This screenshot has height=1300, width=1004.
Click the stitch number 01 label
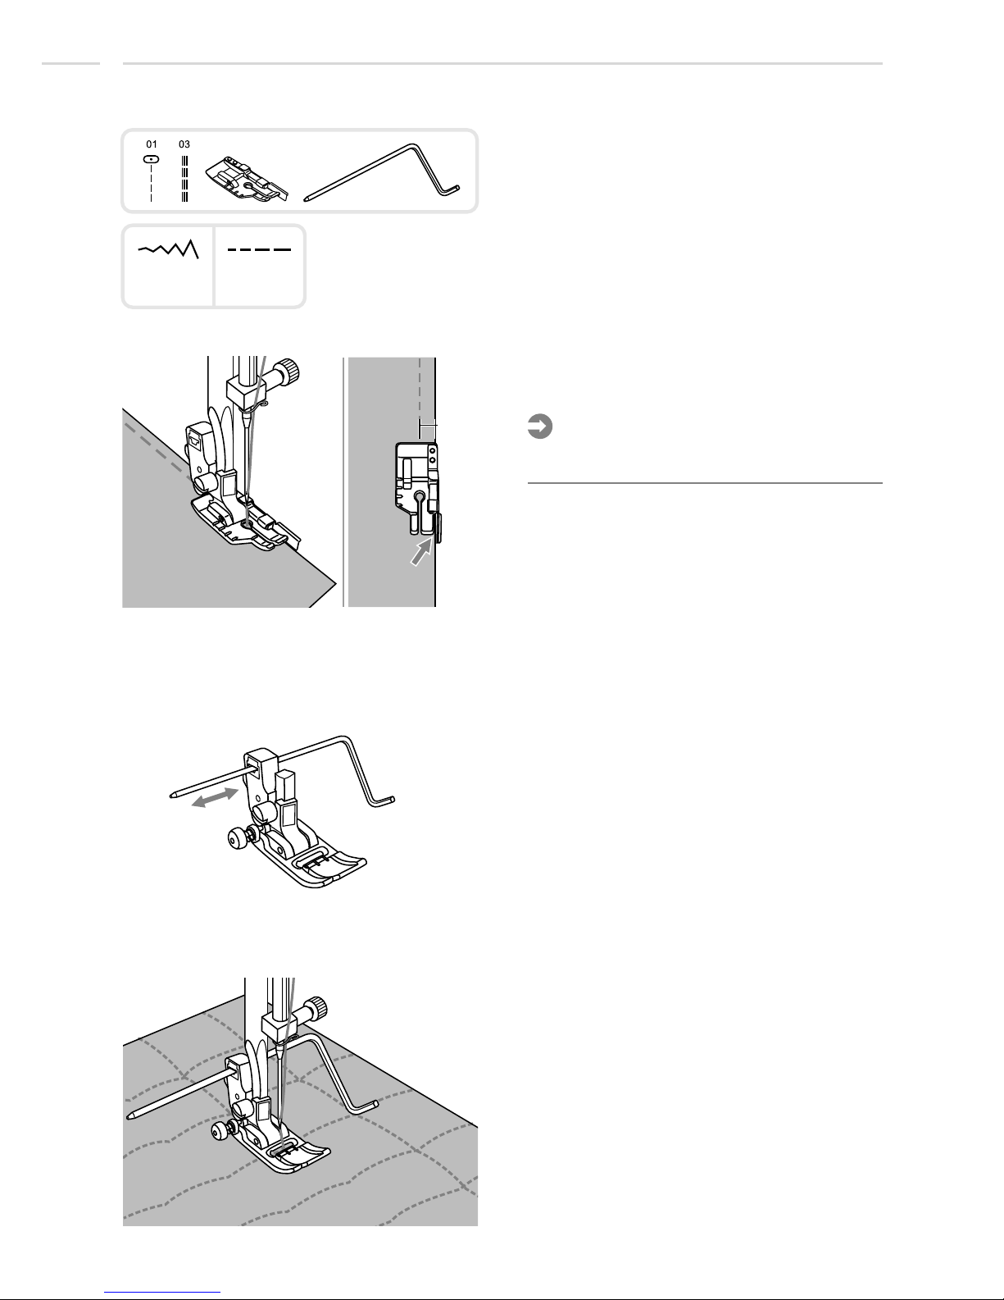[152, 144]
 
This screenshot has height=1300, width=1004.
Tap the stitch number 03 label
[184, 144]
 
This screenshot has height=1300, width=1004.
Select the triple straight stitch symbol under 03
[184, 178]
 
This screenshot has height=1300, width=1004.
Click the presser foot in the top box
[247, 179]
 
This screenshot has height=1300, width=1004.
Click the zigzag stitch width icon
[169, 249]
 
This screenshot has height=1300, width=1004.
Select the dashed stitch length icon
[259, 249]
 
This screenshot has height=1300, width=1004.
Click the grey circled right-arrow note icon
[539, 426]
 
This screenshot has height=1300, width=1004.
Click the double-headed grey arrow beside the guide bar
[215, 797]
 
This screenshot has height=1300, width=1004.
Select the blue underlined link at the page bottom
[162, 1292]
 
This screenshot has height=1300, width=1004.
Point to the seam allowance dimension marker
[428, 428]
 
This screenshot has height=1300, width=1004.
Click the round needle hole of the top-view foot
[420, 496]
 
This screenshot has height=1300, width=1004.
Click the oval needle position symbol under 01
[151, 160]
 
